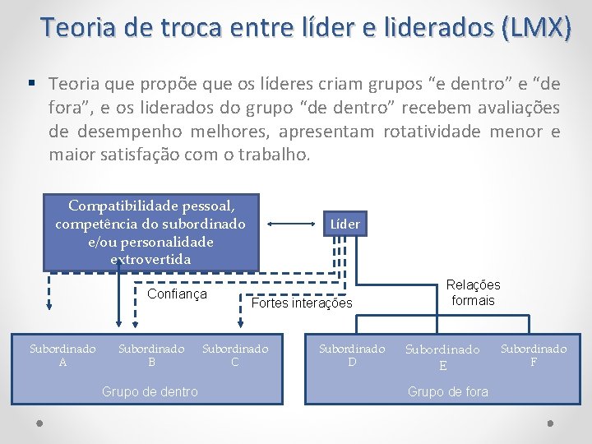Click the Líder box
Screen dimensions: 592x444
(344, 224)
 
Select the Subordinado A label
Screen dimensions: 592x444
(62, 355)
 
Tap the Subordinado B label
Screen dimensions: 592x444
(151, 355)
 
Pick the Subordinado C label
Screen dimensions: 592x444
(235, 355)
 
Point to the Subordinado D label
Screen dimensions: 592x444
(352, 355)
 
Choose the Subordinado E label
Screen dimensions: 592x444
(443, 357)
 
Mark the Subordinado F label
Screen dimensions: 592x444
(534, 355)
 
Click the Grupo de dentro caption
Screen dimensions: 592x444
(150, 391)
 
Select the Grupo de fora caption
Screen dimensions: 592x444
(448, 391)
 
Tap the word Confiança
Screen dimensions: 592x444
(177, 294)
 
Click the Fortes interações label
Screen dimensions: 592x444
(302, 303)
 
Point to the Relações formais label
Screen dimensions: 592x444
(473, 293)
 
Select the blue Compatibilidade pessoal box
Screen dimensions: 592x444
(150, 232)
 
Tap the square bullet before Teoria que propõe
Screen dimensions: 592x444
(31, 84)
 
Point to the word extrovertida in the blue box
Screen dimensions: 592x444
(150, 259)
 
